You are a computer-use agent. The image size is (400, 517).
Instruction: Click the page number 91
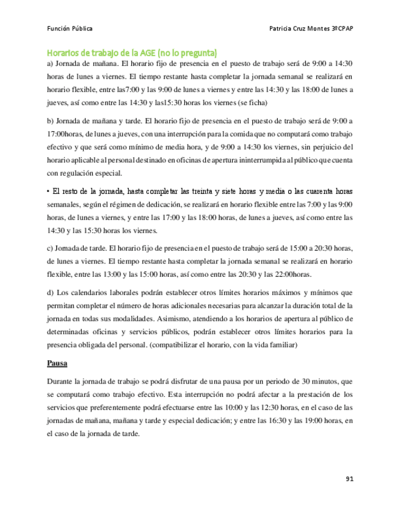click(x=349, y=479)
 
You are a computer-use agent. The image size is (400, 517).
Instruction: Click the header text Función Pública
click(x=70, y=29)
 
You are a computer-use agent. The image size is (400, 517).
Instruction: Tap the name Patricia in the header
click(x=283, y=29)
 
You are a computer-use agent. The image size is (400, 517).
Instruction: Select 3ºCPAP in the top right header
click(x=340, y=29)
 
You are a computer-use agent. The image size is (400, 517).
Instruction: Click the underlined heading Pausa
click(x=57, y=365)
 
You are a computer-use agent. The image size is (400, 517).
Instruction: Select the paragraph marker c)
click(x=51, y=248)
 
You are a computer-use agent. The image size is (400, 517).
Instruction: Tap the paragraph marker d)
click(x=51, y=293)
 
